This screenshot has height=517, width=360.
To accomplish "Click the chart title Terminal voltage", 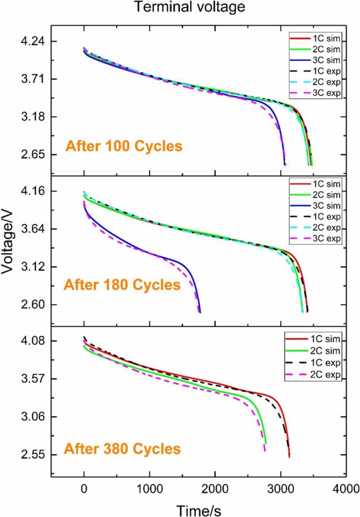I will click(x=189, y=7).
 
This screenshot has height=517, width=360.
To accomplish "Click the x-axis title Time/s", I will click(x=198, y=510).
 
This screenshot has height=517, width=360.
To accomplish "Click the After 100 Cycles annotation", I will click(x=124, y=146).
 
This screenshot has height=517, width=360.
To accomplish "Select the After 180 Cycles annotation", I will click(x=122, y=285).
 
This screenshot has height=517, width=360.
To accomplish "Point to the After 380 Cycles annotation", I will click(x=122, y=449).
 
